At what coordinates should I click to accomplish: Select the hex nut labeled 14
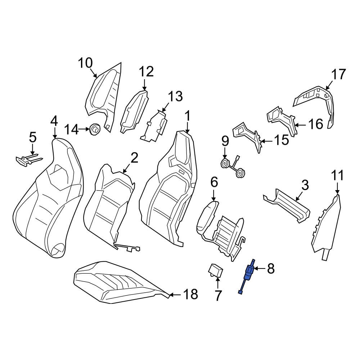[x=95, y=130]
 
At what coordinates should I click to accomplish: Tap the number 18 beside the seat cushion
[x=190, y=294]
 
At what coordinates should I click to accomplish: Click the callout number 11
[x=338, y=176]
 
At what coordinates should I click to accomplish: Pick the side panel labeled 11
[x=326, y=227]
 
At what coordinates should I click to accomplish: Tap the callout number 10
[x=85, y=63]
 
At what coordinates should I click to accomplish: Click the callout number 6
[x=214, y=183]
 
